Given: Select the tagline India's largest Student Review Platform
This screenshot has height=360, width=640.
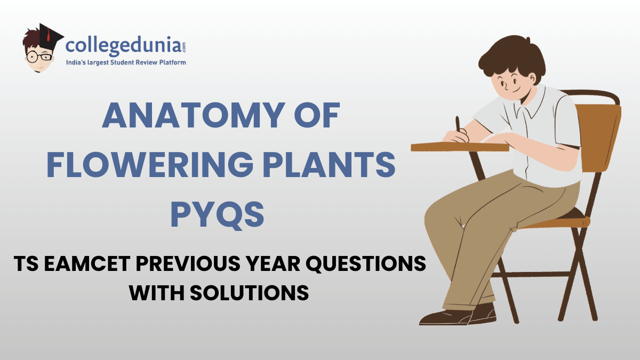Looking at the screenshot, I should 125,63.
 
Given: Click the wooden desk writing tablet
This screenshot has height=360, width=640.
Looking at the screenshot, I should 459,146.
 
